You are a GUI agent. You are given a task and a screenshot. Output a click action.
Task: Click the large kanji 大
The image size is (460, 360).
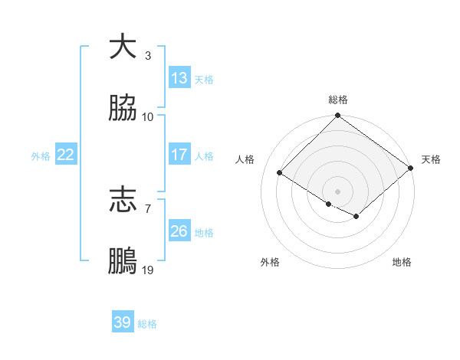(x=123, y=47)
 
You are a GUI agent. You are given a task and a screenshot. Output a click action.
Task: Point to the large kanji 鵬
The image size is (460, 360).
(x=123, y=263)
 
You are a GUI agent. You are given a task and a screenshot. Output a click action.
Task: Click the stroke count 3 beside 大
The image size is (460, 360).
(x=148, y=55)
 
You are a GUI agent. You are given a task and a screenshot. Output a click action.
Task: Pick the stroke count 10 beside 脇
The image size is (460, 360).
(x=148, y=117)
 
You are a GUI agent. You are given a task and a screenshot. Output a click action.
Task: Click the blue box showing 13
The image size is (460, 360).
(x=179, y=78)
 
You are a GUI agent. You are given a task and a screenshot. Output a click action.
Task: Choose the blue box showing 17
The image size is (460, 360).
(x=179, y=155)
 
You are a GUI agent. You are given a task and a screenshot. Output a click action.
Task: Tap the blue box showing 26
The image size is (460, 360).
(x=179, y=231)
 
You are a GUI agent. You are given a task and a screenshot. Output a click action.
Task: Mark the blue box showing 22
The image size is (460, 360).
(x=66, y=155)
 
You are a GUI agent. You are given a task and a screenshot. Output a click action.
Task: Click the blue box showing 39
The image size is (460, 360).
(x=123, y=322)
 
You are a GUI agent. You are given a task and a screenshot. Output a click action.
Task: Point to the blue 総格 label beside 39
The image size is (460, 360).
(x=147, y=324)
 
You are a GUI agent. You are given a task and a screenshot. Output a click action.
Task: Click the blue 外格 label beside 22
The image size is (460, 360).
(x=41, y=156)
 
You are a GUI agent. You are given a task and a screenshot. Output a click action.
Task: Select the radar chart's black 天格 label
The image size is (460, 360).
(x=431, y=159)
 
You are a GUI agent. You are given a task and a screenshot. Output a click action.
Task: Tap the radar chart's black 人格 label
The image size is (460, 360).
(x=245, y=159)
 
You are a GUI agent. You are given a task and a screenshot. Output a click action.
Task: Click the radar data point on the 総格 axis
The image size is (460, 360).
(x=337, y=116)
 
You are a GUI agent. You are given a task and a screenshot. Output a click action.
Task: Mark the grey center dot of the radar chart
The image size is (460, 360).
(x=337, y=191)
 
